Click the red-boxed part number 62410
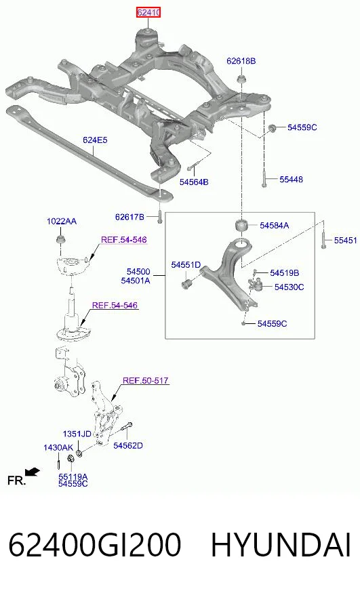click(x=149, y=12)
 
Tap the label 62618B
click(x=241, y=61)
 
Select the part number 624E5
click(x=95, y=140)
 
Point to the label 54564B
click(x=194, y=182)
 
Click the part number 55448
click(x=291, y=180)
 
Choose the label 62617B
click(x=129, y=217)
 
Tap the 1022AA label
click(x=62, y=221)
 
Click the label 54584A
click(x=274, y=226)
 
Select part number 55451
click(x=345, y=240)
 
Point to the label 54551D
click(x=186, y=264)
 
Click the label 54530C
click(x=289, y=287)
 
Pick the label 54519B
click(x=285, y=272)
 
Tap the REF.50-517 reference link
click(x=146, y=380)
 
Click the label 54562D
click(x=128, y=445)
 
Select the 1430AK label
click(x=58, y=447)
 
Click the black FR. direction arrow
click(x=33, y=472)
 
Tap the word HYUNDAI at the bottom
click(x=281, y=545)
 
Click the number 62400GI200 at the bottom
click(x=95, y=545)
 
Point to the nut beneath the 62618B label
click(x=241, y=79)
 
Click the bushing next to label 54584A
click(x=241, y=226)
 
